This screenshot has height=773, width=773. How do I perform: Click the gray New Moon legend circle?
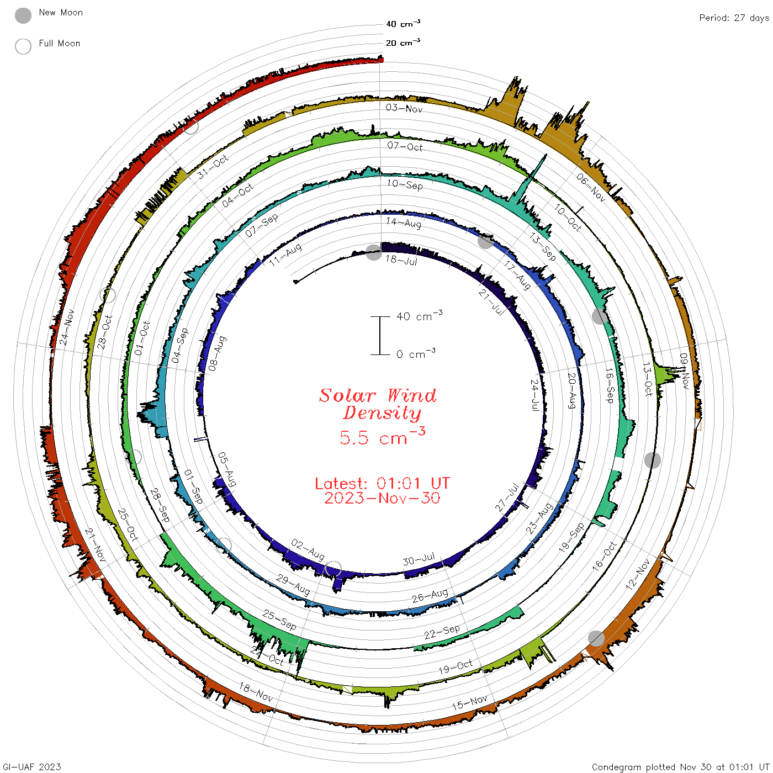click(x=23, y=15)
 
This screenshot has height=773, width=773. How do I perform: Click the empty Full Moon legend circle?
click(x=23, y=46)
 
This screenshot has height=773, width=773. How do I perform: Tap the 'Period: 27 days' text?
click(x=734, y=18)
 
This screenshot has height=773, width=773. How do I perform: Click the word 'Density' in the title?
click(x=382, y=413)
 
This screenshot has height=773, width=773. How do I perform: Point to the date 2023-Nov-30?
click(x=382, y=498)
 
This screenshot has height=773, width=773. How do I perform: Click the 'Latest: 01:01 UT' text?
click(x=382, y=483)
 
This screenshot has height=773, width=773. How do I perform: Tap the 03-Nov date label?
click(x=404, y=108)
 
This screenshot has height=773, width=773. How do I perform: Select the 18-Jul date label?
click(x=401, y=260)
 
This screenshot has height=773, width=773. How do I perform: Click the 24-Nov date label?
click(x=67, y=327)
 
